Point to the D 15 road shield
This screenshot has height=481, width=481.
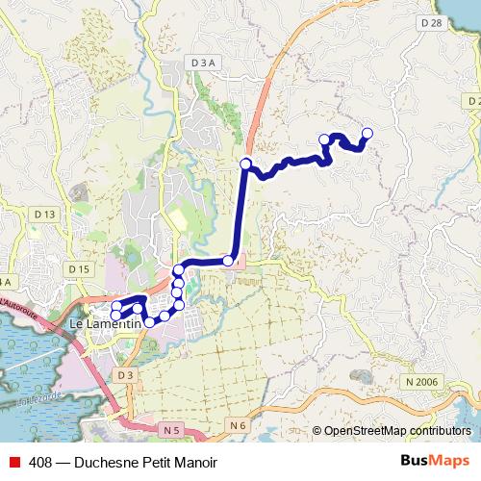78,268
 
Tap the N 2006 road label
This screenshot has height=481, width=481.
421,382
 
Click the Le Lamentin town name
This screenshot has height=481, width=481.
106,325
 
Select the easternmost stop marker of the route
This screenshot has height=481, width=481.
367,134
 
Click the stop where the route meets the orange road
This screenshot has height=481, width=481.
246,164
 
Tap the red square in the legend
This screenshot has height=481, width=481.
14,462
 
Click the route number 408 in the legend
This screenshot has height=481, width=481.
39,462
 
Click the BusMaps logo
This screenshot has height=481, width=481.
436,461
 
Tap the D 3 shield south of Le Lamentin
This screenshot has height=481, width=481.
126,374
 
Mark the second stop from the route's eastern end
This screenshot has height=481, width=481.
325,140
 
